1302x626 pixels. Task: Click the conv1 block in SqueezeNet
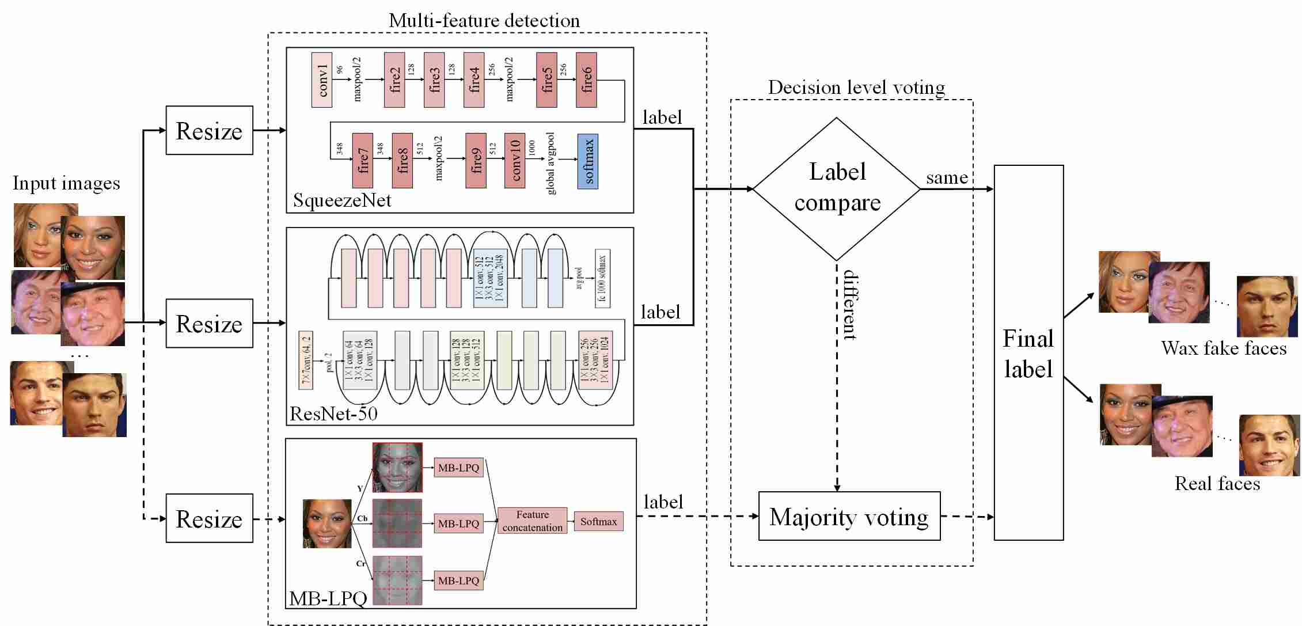coord(321,80)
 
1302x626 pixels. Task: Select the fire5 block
coord(546,80)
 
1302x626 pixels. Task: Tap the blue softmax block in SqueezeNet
coord(588,161)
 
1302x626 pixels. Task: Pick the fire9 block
coord(476,161)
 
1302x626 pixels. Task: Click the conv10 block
coord(515,161)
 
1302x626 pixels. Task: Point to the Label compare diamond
coord(837,188)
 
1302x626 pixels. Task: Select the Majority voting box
coord(849,517)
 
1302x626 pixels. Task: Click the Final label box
coord(1028,352)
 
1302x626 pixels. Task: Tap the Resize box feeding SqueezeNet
coord(209,131)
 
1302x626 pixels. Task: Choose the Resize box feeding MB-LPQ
coord(209,518)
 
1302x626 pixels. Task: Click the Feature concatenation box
coord(532,521)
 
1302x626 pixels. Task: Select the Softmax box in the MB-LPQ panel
coord(598,521)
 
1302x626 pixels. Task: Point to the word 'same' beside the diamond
coord(947,177)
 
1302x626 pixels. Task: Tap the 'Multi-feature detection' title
coord(484,20)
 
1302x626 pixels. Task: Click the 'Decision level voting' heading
coord(856,88)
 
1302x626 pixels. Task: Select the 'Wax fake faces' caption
coord(1224,348)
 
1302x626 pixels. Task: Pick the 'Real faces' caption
coord(1217,483)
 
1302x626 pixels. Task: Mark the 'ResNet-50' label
coord(333,413)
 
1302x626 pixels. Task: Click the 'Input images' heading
coord(66,183)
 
